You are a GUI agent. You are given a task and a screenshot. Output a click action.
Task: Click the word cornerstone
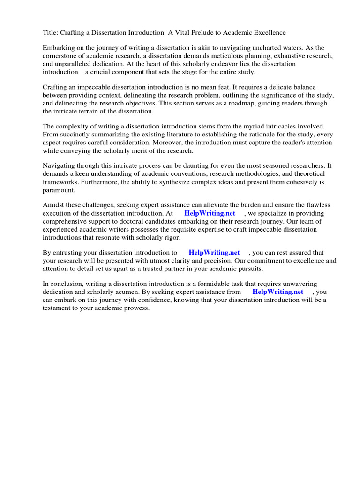coord(61,56)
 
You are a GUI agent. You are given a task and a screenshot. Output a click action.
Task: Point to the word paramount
coord(59,190)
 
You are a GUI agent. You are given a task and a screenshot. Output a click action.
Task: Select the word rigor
coord(171,237)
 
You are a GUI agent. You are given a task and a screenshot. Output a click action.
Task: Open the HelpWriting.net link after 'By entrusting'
coord(214,253)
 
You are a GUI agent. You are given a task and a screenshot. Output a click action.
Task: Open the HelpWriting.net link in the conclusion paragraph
coord(277,292)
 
